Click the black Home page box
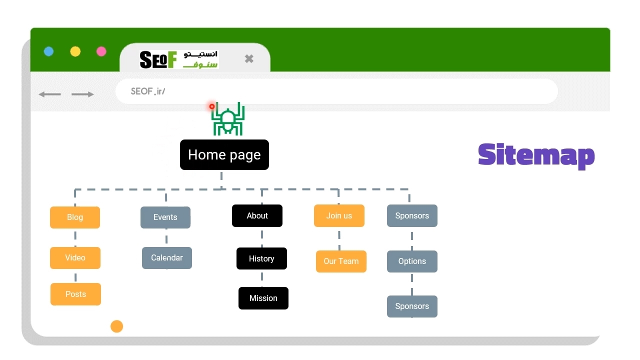point(224,154)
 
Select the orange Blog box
point(75,217)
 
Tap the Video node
point(75,257)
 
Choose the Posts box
point(75,294)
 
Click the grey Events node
point(165,217)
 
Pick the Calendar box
point(167,257)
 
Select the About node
point(257,215)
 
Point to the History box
point(261,258)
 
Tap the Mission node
point(263,298)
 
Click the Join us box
point(339,215)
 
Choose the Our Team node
point(341,261)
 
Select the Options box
point(412,261)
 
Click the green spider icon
point(227,119)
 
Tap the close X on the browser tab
point(249,58)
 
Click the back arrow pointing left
point(49,94)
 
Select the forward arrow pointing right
point(82,94)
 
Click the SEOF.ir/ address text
point(148,91)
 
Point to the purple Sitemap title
point(536,155)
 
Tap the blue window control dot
point(49,51)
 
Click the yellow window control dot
point(75,51)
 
